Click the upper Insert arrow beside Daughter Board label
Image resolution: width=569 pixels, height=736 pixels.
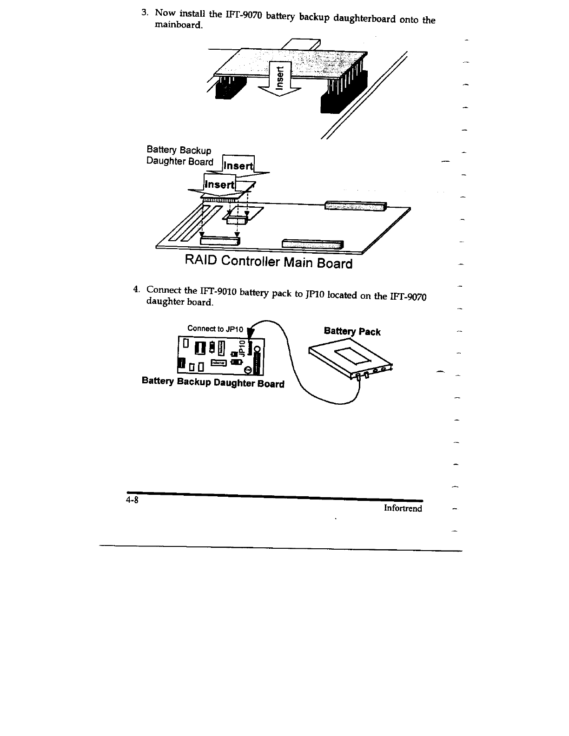pyautogui.click(x=239, y=165)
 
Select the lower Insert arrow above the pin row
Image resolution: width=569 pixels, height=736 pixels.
pyautogui.click(x=220, y=184)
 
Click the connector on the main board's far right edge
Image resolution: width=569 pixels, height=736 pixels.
pyautogui.click(x=355, y=205)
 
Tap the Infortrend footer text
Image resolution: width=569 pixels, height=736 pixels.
pyautogui.click(x=403, y=508)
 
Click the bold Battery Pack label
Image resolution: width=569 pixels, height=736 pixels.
pyautogui.click(x=352, y=331)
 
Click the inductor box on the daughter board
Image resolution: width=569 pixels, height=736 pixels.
pyautogui.click(x=218, y=362)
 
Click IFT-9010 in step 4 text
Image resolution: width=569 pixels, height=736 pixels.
pyautogui.click(x=218, y=291)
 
